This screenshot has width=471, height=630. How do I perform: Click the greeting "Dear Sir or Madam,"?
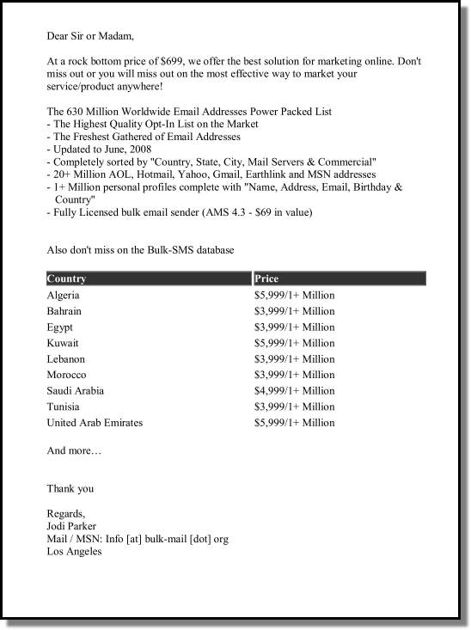[x=90, y=37]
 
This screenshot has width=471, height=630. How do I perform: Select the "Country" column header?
[x=67, y=278]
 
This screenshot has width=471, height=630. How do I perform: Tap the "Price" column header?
[x=266, y=278]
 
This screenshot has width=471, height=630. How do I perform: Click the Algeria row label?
[x=63, y=296]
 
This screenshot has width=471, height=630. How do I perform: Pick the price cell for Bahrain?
[x=294, y=311]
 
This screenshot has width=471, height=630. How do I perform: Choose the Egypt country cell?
[x=59, y=327]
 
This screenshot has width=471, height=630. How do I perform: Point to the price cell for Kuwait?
[x=294, y=343]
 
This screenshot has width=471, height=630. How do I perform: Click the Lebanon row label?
[x=65, y=359]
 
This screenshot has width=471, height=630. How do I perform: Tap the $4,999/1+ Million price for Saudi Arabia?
[x=294, y=391]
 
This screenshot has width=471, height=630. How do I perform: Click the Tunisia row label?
[x=63, y=407]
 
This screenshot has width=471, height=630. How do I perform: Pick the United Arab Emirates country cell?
[x=95, y=423]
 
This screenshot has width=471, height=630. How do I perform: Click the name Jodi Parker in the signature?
[x=72, y=526]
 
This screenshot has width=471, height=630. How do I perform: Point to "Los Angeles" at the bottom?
[x=74, y=552]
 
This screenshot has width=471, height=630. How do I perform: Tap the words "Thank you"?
[x=70, y=489]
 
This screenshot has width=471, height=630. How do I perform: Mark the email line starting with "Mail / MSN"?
[x=138, y=539]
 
